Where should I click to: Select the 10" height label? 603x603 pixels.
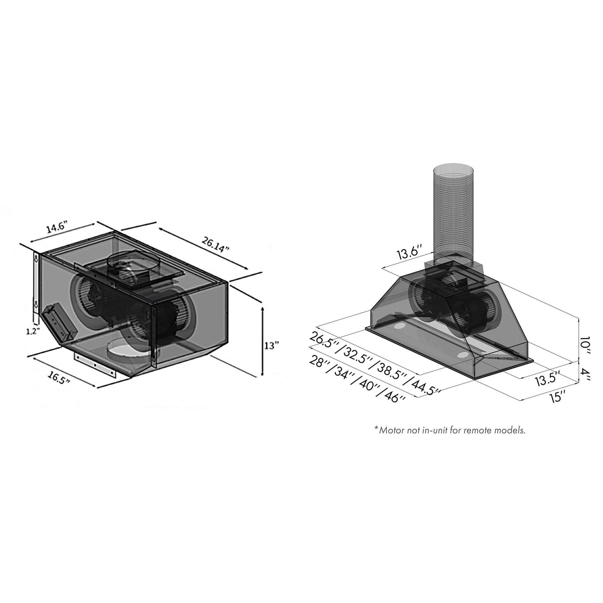[584, 346]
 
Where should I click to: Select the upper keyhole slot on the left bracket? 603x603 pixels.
[36, 259]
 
